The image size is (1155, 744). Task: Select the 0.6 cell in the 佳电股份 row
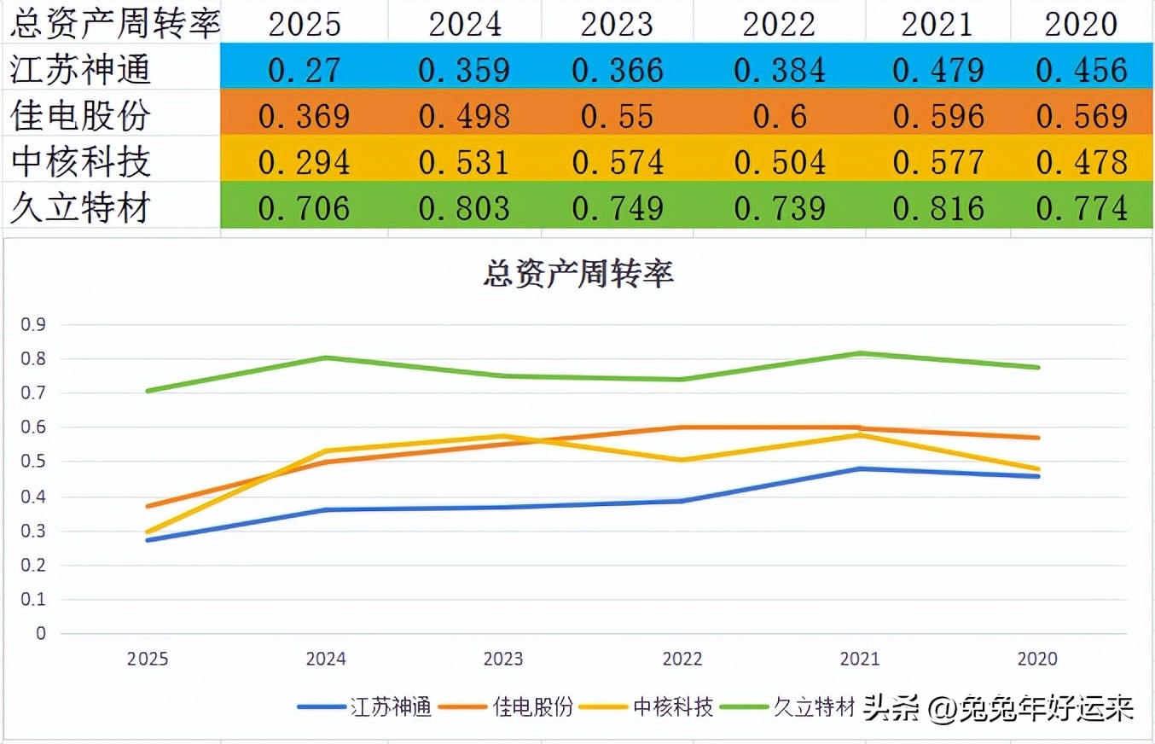tap(779, 116)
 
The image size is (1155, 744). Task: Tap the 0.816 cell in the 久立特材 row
tap(937, 208)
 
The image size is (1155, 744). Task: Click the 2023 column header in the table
tap(617, 24)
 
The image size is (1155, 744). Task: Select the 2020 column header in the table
tap(1081, 24)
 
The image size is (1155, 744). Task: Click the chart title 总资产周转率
tap(577, 274)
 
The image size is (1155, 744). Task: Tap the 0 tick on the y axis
tap(40, 634)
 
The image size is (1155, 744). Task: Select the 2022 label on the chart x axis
tap(682, 660)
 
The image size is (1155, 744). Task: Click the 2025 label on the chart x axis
tap(148, 660)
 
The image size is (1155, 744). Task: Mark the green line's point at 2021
tap(860, 353)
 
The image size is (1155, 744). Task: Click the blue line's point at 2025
tap(148, 540)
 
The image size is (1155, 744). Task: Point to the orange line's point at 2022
tap(682, 427)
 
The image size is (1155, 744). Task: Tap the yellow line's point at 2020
tap(1037, 469)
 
